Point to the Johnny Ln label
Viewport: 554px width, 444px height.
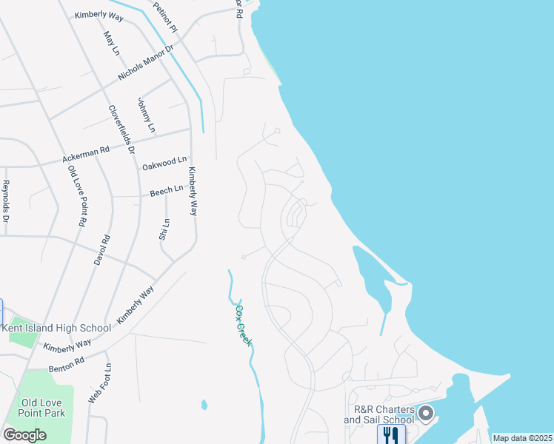[x=146, y=115]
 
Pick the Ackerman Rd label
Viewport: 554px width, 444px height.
[x=86, y=154]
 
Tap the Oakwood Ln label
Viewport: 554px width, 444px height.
[x=164, y=163]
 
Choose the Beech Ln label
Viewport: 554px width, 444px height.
[x=167, y=191]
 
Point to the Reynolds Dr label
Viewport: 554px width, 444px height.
[x=6, y=201]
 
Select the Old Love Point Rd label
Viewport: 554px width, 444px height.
[x=78, y=196]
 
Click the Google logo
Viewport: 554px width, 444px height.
[x=25, y=435]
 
